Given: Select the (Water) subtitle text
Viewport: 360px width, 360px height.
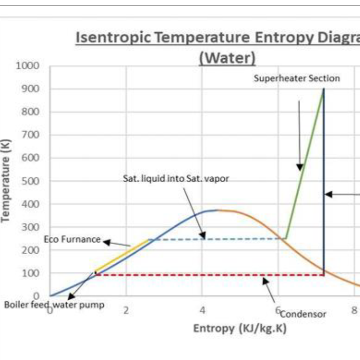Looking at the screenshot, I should click(227, 57).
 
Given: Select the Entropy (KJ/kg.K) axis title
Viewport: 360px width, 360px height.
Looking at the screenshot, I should click(240, 328).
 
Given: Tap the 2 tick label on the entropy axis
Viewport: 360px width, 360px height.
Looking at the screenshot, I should click(126, 310).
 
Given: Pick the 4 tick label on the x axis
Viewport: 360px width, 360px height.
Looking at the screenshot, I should click(203, 310).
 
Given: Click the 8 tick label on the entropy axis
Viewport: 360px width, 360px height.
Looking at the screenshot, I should click(354, 310).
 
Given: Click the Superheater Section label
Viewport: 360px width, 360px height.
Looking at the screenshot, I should click(297, 78).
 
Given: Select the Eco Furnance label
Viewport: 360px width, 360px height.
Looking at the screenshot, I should click(72, 239).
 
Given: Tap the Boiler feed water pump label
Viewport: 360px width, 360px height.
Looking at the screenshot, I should click(54, 305).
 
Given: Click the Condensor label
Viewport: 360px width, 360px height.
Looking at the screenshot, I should click(303, 314).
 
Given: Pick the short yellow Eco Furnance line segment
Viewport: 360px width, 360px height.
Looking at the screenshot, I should click(122, 256).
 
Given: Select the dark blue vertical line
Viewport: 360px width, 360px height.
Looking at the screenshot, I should click(324, 152).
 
